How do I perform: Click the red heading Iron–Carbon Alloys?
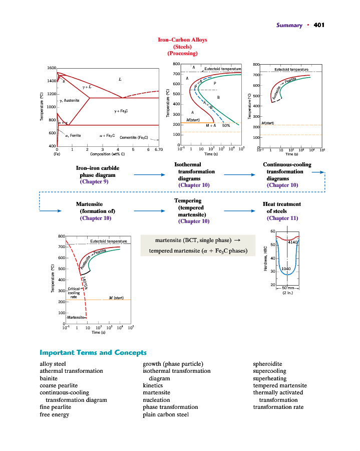182,40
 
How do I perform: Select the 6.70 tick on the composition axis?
159,149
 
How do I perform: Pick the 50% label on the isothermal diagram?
226,126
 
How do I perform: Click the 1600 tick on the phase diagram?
50,68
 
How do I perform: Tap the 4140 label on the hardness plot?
293,242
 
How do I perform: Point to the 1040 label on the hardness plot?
286,269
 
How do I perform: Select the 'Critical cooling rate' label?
73,293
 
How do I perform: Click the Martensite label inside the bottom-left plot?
76,318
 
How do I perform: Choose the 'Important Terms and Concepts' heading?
93,353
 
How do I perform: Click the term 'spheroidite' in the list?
267,364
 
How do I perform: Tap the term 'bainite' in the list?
48,378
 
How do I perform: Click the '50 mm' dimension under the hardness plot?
287,288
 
